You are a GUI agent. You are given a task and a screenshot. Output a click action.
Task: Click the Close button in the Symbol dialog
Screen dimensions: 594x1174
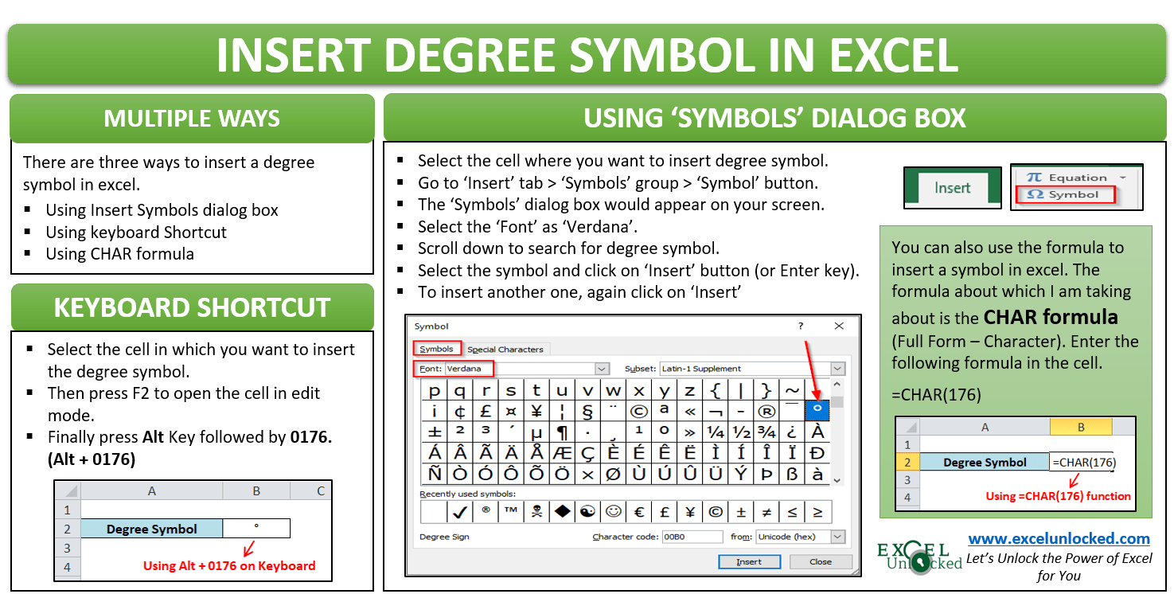[x=820, y=561]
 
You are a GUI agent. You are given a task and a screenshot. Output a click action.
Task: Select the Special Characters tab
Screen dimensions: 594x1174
[x=505, y=349]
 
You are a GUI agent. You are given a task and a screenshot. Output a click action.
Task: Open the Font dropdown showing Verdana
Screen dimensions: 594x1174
[x=602, y=369]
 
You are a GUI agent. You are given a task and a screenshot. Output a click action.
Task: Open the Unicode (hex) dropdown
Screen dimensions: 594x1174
[x=837, y=537]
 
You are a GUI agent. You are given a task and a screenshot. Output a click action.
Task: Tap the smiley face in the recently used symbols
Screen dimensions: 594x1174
[x=613, y=511]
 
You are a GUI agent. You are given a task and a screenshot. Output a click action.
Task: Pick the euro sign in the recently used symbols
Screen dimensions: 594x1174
[x=639, y=511]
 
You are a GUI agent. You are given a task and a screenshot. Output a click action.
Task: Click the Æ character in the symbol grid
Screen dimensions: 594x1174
[x=563, y=453]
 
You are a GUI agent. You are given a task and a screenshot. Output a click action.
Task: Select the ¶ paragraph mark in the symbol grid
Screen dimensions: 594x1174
[x=563, y=432]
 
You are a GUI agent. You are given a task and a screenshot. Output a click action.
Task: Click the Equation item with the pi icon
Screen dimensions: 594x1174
[x=1075, y=178]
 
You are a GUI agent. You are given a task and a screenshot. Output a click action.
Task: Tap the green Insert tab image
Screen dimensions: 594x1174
[x=952, y=188]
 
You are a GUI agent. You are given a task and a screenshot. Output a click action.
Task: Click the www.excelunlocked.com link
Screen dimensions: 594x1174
[x=1059, y=539]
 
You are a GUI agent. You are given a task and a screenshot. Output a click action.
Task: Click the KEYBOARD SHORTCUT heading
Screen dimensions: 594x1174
[x=192, y=307]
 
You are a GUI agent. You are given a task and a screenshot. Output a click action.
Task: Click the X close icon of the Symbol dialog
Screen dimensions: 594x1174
[x=839, y=326]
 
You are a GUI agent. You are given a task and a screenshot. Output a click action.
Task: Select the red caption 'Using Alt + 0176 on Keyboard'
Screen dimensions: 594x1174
[x=229, y=566]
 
